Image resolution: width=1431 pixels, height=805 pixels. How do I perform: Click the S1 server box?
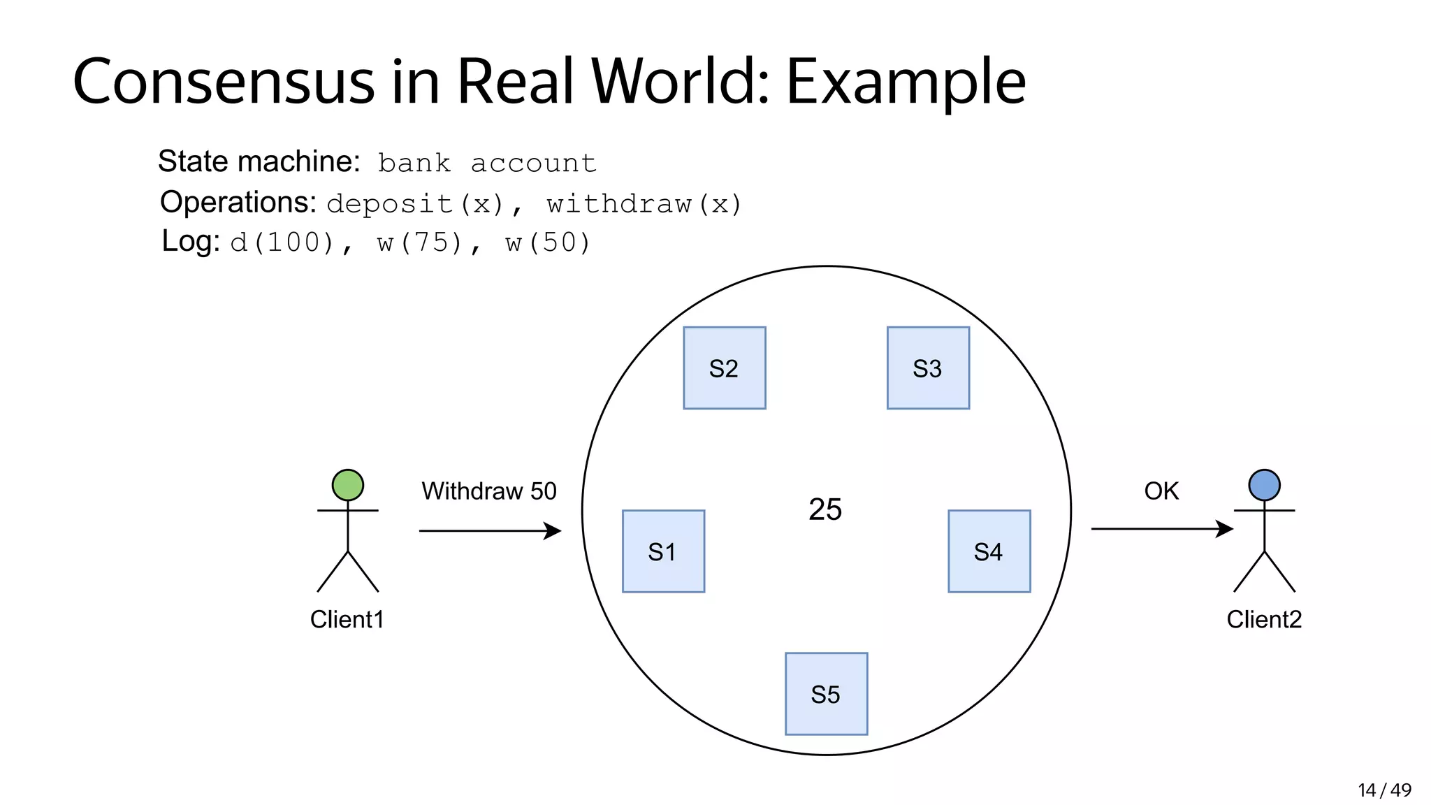(663, 551)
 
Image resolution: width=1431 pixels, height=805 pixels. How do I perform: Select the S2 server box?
(724, 368)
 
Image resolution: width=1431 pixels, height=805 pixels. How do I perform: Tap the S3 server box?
(928, 368)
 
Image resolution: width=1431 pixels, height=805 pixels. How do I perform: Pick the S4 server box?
(989, 551)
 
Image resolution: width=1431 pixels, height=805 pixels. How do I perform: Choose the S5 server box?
(826, 694)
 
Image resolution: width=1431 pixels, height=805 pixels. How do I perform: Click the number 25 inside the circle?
(825, 509)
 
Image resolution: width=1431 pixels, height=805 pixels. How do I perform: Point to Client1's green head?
(347, 485)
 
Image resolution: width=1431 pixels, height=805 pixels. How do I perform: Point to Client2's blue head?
(1264, 485)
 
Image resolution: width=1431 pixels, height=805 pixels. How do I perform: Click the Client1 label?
(347, 619)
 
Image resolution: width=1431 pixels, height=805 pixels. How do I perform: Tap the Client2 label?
(1264, 619)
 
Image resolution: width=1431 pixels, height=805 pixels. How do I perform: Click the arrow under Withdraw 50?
(490, 531)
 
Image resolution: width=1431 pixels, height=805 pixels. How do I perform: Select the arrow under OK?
(1161, 529)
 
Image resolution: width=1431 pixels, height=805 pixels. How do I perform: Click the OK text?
(1161, 491)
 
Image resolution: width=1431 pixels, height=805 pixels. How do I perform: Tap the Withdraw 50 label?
(488, 491)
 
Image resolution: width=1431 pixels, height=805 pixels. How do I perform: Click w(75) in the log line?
(420, 242)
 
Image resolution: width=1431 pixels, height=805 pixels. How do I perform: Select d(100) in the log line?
(283, 242)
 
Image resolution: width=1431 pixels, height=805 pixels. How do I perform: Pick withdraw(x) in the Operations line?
(644, 204)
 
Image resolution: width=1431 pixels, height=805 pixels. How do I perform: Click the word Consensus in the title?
(224, 82)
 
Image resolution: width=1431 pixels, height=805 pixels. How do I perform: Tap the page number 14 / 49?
(1384, 790)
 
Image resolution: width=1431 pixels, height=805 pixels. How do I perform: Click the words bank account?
(487, 164)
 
